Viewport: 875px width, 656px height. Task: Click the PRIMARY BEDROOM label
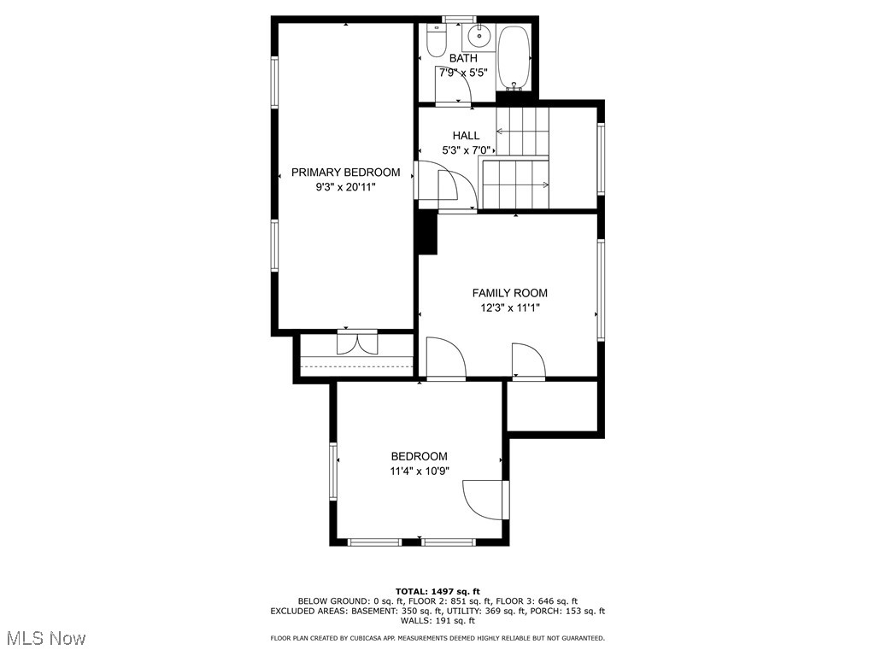point(345,172)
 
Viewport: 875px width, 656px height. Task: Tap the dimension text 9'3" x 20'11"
point(345,186)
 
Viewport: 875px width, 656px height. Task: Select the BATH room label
point(463,58)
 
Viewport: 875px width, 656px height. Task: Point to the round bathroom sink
point(479,37)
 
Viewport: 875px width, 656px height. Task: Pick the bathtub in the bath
point(514,57)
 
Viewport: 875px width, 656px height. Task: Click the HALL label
point(466,135)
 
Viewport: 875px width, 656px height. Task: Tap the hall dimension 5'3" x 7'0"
point(466,150)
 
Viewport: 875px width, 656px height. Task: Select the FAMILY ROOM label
point(510,293)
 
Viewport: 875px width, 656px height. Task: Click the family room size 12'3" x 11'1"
point(510,308)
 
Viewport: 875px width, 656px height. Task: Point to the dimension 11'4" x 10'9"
point(419,471)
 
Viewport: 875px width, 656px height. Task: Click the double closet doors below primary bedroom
point(357,343)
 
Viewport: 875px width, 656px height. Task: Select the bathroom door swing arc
point(453,86)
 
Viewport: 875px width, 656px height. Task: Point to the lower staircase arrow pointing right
point(517,184)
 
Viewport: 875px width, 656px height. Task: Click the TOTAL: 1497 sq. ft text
point(437,591)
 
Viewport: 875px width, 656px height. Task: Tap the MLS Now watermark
point(46,638)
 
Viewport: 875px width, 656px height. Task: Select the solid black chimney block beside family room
point(426,232)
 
